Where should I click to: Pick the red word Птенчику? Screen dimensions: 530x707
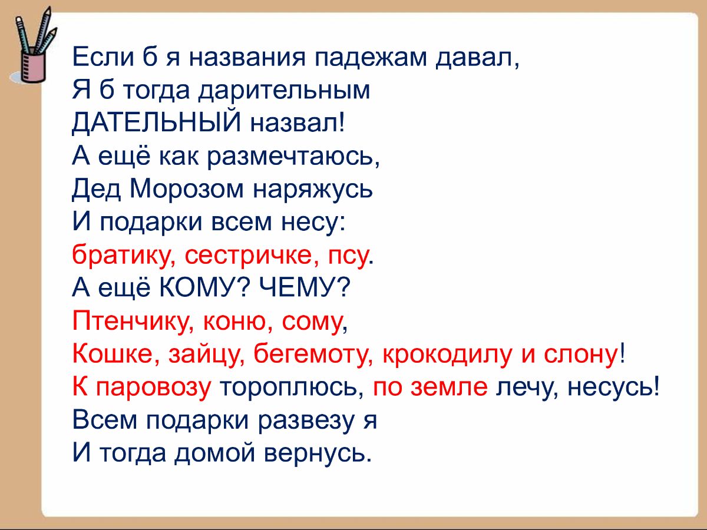(x=132, y=321)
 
